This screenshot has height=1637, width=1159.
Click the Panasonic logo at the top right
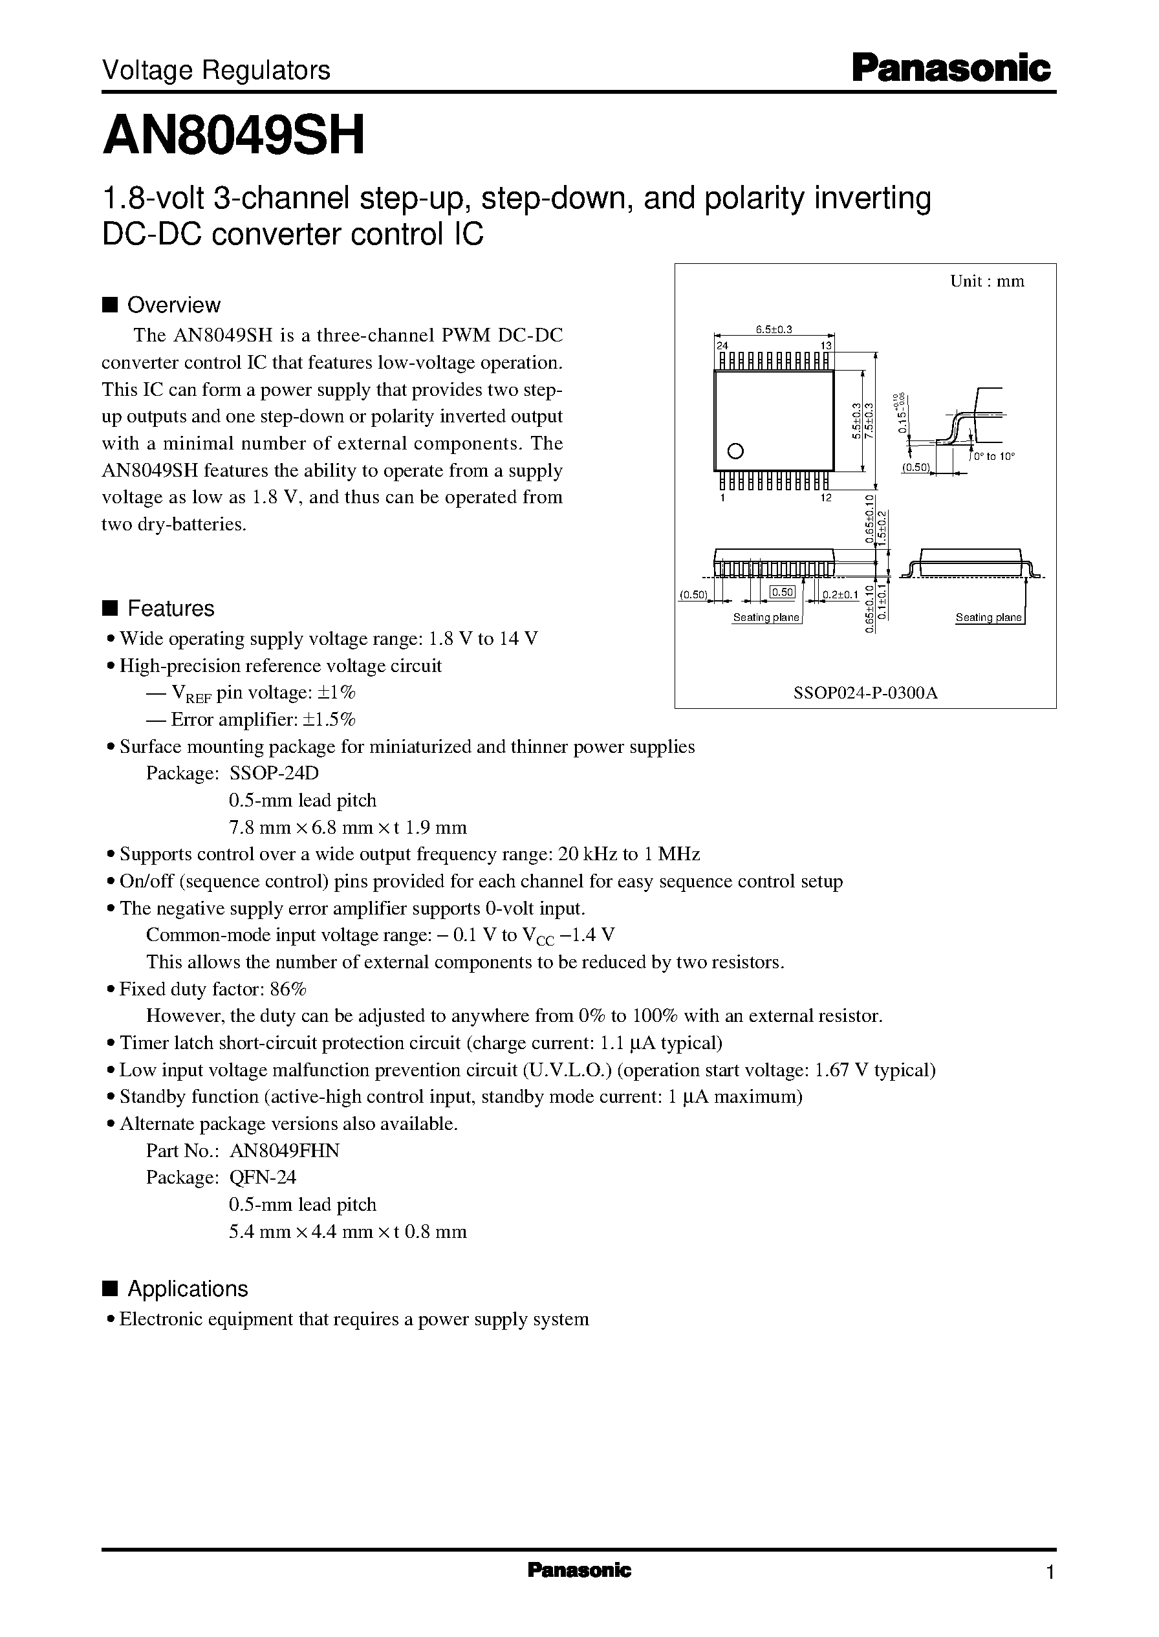point(951,69)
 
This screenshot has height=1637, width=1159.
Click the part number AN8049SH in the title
point(233,136)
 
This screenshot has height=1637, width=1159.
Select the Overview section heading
point(173,305)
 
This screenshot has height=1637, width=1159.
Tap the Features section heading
point(170,609)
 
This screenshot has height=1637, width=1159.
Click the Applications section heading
point(187,1289)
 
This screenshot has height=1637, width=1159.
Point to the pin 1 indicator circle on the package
point(735,451)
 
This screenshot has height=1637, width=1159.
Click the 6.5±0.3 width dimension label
point(774,329)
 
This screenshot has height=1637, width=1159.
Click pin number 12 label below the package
point(826,498)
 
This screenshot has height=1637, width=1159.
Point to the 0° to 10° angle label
point(994,457)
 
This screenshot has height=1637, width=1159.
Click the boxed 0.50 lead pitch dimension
point(782,592)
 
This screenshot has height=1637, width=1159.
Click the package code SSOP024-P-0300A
point(865,693)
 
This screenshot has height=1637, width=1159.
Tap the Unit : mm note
point(987,282)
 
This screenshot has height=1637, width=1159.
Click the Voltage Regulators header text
point(215,70)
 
